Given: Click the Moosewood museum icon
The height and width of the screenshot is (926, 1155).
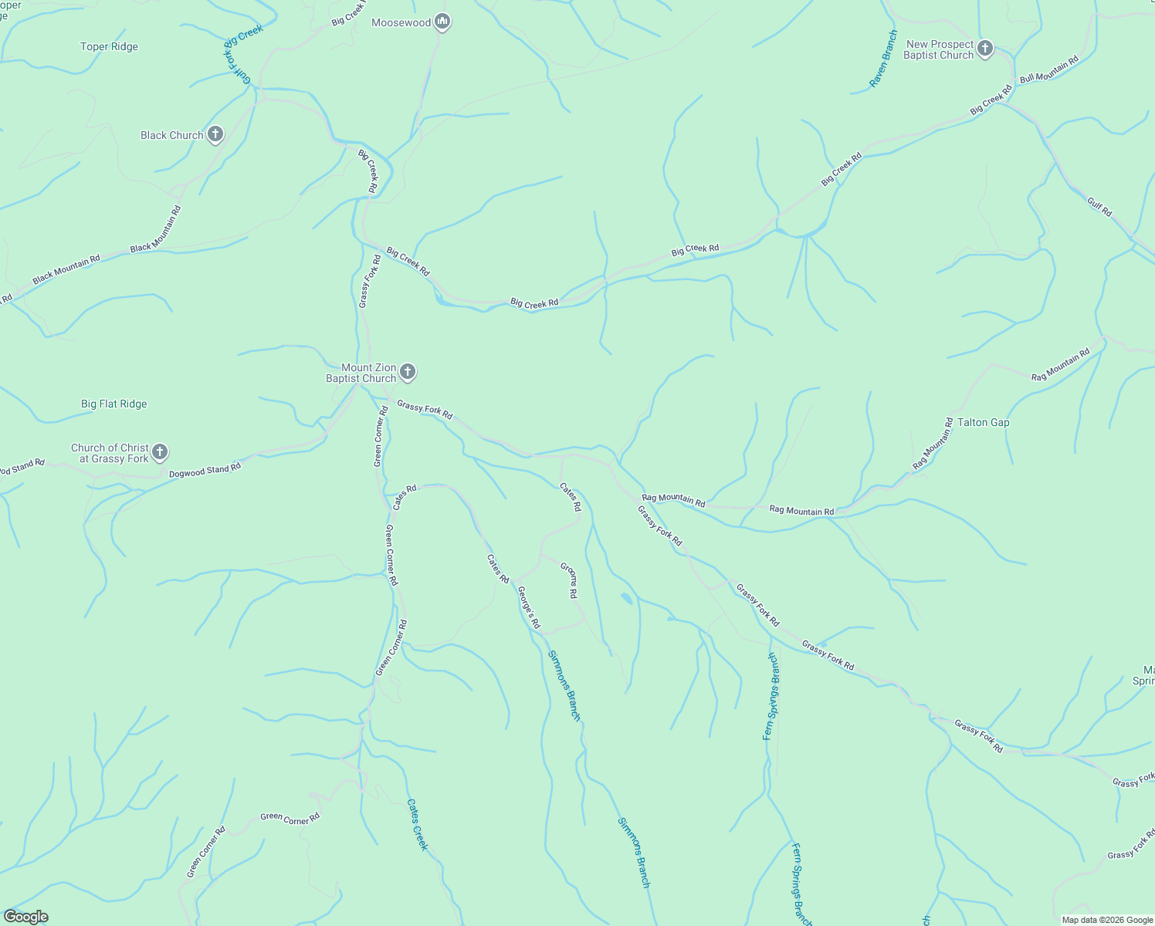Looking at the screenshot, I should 442,22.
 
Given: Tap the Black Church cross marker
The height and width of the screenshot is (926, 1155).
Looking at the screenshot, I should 215,135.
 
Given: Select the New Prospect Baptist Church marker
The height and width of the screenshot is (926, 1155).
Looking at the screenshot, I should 984,49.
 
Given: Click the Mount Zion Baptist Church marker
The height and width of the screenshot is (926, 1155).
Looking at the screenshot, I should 408,373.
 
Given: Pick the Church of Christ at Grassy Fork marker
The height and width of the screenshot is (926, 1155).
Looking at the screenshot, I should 160,452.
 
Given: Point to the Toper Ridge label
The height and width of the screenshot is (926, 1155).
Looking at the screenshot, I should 109,46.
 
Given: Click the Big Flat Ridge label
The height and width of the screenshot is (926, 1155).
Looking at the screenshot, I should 113,404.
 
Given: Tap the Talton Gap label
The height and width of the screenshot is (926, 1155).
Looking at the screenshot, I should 983,422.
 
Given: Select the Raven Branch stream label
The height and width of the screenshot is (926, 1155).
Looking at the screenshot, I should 883,59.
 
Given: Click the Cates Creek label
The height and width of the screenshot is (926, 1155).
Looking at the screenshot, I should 417,824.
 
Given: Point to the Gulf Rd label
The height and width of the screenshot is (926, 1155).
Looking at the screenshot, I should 1099,207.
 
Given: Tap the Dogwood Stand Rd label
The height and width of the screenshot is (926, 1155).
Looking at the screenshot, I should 205,469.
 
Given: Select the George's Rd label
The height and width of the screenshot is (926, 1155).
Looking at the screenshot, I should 529,607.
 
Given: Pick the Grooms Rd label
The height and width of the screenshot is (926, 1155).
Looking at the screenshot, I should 569,580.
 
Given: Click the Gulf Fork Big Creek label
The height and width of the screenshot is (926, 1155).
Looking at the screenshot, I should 241,51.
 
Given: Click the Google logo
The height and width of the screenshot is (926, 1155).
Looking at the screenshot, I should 25,917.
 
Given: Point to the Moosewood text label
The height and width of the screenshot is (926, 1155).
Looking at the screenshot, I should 401,22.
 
